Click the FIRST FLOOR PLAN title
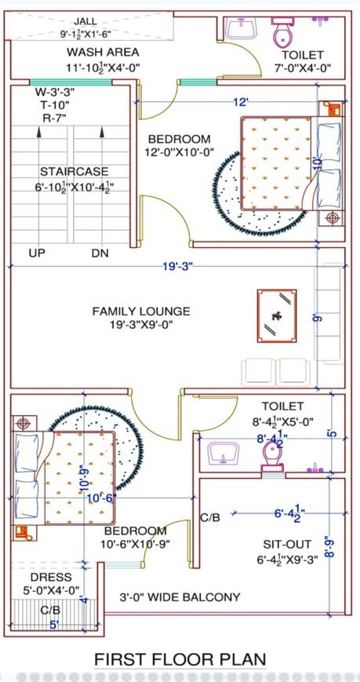(x=180, y=659)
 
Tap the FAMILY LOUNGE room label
(x=141, y=312)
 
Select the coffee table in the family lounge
(x=277, y=315)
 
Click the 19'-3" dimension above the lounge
(x=177, y=267)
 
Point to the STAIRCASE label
(x=75, y=171)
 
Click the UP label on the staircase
(x=37, y=253)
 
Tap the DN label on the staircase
(x=100, y=253)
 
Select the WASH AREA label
(x=103, y=53)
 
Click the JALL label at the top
(x=85, y=21)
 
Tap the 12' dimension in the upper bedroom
(x=242, y=103)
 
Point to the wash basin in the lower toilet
(x=224, y=454)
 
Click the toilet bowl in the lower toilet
(x=272, y=456)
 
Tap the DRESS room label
(x=51, y=578)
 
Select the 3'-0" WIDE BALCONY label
(x=180, y=597)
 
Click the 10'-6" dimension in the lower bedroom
(x=101, y=498)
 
